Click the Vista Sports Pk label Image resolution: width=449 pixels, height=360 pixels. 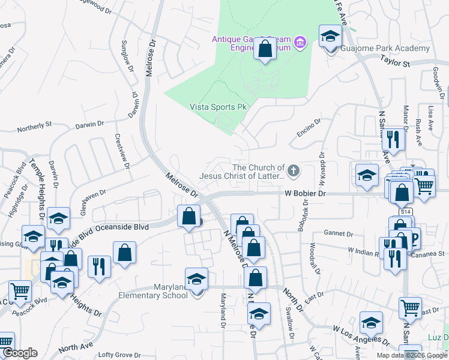coord(217,107)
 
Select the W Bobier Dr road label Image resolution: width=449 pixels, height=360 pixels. coord(305,194)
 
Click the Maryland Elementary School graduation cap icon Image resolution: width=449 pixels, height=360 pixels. coord(196,279)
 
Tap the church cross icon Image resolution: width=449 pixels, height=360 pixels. coord(294,172)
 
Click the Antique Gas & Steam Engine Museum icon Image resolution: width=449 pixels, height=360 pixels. coord(301,41)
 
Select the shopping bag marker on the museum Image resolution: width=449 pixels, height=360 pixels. coord(264,49)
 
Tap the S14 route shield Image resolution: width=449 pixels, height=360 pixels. coord(406,212)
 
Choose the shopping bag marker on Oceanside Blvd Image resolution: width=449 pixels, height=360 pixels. coord(188,217)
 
